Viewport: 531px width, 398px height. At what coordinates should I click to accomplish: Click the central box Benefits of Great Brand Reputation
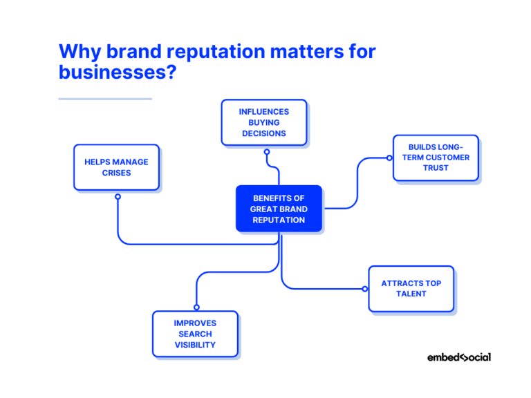(279, 209)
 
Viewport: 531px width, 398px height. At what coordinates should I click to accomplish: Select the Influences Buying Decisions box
(264, 122)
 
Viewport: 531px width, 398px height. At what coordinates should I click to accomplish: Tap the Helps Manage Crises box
(116, 167)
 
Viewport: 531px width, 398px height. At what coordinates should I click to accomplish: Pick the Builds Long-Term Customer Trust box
(436, 158)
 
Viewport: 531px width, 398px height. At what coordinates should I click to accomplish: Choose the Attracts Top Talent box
(411, 288)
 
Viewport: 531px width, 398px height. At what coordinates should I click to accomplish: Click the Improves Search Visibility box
(195, 334)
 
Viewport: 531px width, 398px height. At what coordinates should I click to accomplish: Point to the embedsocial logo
(458, 357)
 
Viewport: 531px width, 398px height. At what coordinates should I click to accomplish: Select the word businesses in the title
(112, 72)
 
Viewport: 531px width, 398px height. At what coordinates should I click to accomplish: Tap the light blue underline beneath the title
(105, 99)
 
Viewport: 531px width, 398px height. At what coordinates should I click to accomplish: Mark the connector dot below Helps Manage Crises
(118, 196)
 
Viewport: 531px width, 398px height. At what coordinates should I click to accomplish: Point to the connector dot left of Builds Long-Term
(389, 158)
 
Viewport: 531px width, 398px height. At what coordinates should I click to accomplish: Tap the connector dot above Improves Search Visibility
(196, 307)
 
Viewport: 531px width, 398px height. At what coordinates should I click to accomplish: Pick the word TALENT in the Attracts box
(411, 294)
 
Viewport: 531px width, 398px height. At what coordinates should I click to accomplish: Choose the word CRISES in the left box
(116, 173)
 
